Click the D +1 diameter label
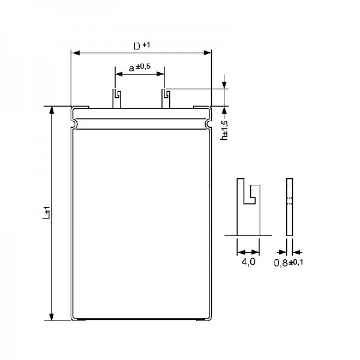pos(142,46)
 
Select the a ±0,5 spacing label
pos(140,67)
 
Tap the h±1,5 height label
pos(224,130)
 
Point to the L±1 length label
pos(46,212)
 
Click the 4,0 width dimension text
pos(248,262)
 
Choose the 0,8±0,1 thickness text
pos(289,262)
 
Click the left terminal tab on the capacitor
pos(116,98)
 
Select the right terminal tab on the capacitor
pos(166,98)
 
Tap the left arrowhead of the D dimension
pos(76,53)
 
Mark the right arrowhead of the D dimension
pos(208,53)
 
